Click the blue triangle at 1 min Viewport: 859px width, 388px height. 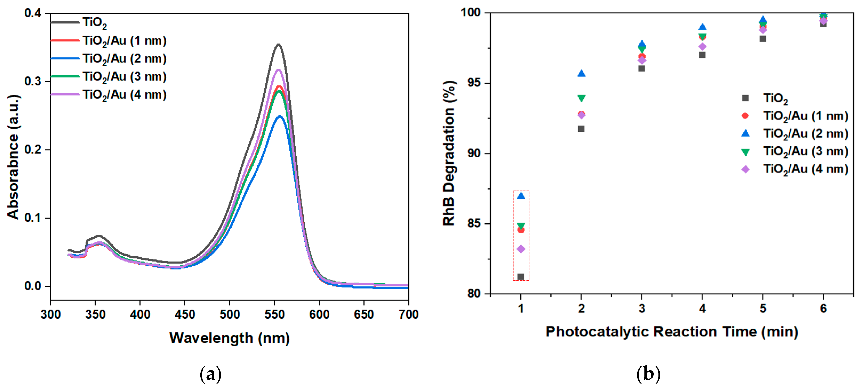point(521,196)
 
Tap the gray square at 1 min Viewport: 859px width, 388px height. point(521,277)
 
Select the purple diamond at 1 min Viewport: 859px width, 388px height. point(521,249)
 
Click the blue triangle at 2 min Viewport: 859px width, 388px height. point(581,74)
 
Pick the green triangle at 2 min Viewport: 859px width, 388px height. point(581,98)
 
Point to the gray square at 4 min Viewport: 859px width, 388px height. point(702,55)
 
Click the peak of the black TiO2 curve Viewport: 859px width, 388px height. point(278,44)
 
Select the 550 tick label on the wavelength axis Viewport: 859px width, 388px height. point(274,314)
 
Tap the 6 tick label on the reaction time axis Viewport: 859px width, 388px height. point(823,309)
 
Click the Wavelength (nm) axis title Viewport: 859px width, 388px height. point(229,338)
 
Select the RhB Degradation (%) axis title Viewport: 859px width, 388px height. point(449,153)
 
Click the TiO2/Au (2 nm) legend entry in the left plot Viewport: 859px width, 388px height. point(124,59)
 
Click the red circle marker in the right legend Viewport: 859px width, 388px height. point(745,116)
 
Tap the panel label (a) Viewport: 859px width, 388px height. point(211,374)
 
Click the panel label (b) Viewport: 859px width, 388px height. point(648,374)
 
